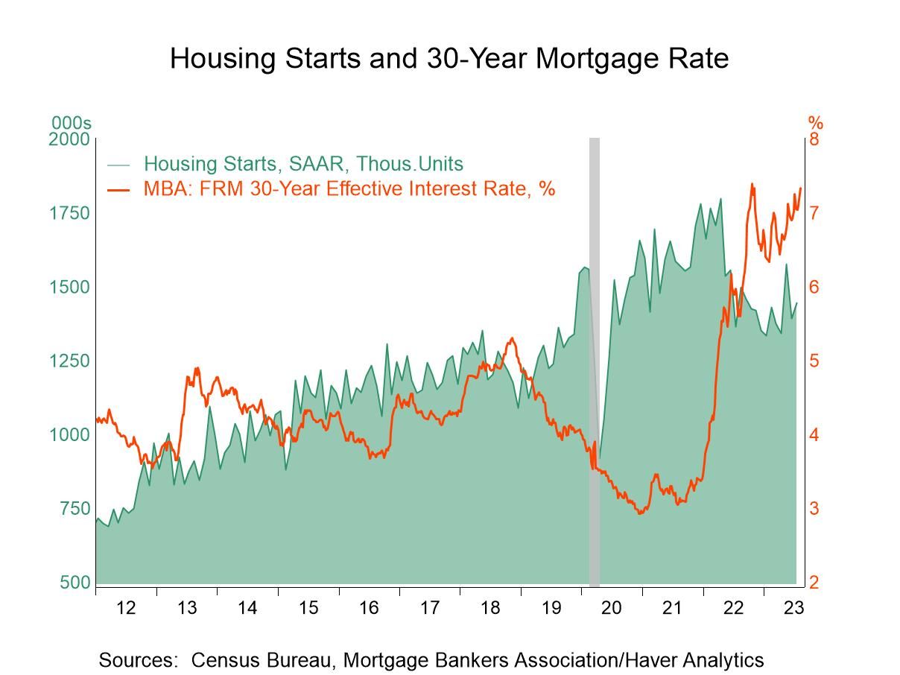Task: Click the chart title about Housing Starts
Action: (x=449, y=58)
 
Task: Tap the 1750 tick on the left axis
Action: (x=69, y=213)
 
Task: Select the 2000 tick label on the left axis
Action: (x=69, y=139)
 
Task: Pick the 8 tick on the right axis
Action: (x=814, y=139)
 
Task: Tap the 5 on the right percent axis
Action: (x=814, y=361)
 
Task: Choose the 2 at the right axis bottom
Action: (x=814, y=582)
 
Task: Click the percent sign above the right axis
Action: (x=816, y=123)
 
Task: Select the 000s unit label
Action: (x=72, y=123)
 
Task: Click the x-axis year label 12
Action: (x=126, y=608)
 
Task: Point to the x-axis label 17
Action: (x=429, y=608)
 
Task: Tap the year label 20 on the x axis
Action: (x=611, y=608)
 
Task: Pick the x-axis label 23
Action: (x=793, y=608)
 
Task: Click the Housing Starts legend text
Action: (x=303, y=164)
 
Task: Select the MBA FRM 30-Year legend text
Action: (x=349, y=188)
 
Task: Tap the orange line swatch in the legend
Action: (x=118, y=189)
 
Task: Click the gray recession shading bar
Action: (x=595, y=358)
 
